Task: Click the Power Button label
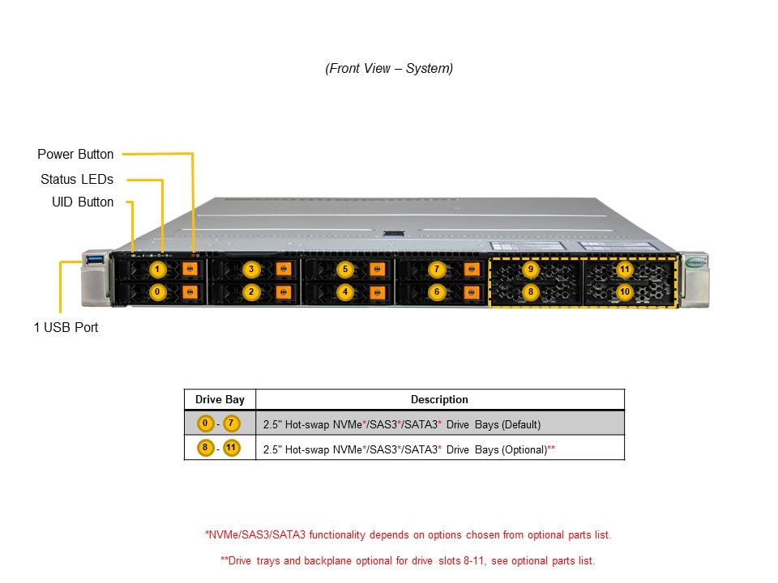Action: [75, 154]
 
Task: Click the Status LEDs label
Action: [77, 179]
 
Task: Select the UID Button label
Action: [83, 202]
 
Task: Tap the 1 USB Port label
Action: [66, 328]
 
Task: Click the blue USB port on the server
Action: [92, 259]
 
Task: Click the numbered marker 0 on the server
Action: [158, 291]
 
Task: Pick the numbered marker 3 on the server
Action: [251, 269]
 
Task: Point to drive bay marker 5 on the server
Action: [345, 269]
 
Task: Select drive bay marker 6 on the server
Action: [437, 291]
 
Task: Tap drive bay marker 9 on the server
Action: [530, 269]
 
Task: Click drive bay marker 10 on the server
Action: [624, 291]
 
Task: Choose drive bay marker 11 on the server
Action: [624, 269]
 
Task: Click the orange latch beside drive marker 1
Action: [190, 269]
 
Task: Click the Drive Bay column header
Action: [220, 399]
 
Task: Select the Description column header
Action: [439, 399]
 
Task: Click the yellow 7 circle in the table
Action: [233, 423]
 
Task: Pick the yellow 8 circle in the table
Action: [207, 447]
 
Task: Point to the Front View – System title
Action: [389, 69]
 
